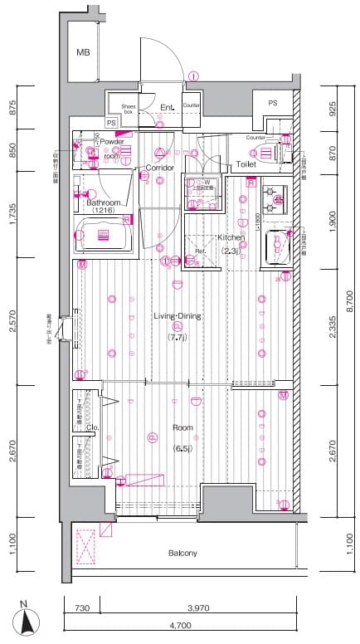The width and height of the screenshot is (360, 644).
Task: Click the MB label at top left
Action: (83, 52)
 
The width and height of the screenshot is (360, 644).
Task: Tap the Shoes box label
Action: (129, 108)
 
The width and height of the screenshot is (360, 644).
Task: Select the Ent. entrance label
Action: (166, 106)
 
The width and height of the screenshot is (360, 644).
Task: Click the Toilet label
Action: (246, 164)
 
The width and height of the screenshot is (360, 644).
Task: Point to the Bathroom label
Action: (104, 202)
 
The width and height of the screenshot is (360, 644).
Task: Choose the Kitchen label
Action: (231, 237)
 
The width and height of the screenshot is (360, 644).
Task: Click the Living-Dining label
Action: (178, 315)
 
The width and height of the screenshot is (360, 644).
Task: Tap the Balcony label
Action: (182, 553)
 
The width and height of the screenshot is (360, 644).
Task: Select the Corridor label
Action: (160, 168)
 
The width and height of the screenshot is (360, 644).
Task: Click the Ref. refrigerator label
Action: (200, 251)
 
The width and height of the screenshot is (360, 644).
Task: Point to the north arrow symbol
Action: (27, 619)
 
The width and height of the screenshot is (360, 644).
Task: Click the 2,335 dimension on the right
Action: (332, 328)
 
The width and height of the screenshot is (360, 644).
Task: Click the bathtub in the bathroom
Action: (104, 236)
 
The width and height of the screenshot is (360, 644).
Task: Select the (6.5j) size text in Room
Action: (182, 448)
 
